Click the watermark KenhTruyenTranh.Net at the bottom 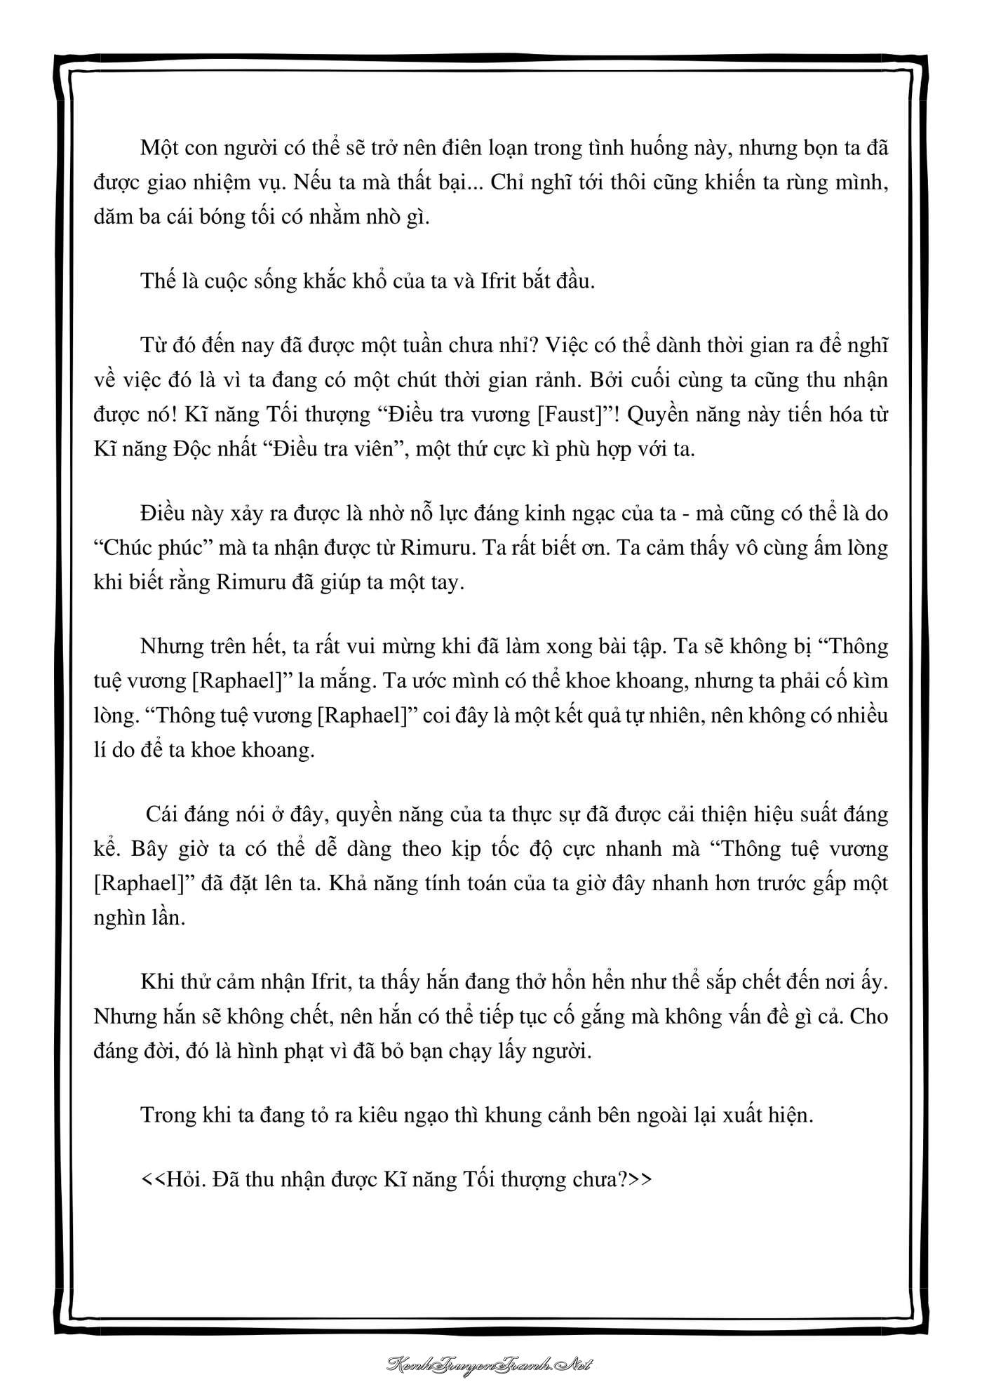(x=491, y=1364)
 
